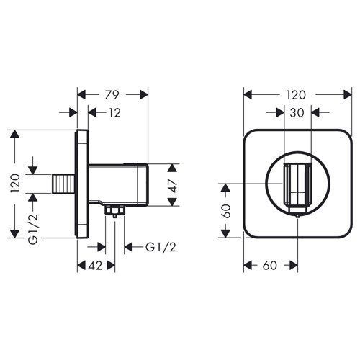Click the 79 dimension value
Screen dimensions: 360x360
click(x=112, y=95)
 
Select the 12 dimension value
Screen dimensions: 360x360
click(x=115, y=113)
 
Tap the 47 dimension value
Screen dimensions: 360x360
click(x=173, y=186)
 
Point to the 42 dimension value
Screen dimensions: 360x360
click(x=95, y=266)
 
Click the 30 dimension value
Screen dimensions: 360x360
click(x=297, y=113)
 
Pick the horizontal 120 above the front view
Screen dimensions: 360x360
click(x=295, y=95)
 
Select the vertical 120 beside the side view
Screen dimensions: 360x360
click(x=15, y=183)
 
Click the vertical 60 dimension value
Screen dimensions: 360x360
click(x=226, y=211)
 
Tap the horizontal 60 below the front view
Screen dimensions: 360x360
click(x=270, y=266)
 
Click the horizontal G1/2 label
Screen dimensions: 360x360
click(x=161, y=247)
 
